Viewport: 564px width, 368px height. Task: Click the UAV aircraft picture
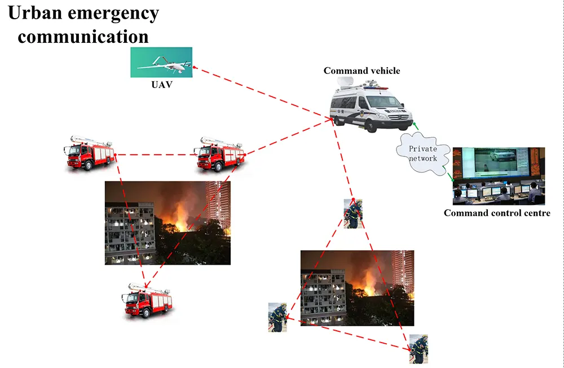tap(161, 62)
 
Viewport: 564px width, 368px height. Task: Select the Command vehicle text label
tap(362, 71)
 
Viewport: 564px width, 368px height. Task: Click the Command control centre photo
tap(499, 176)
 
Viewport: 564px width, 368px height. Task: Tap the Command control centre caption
tap(497, 213)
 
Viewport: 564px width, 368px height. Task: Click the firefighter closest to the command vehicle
tap(353, 213)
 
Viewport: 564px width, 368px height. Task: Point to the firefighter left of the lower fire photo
tap(277, 317)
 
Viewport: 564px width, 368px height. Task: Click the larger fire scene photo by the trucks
tap(168, 222)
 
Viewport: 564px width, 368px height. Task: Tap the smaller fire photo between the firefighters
tap(357, 288)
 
